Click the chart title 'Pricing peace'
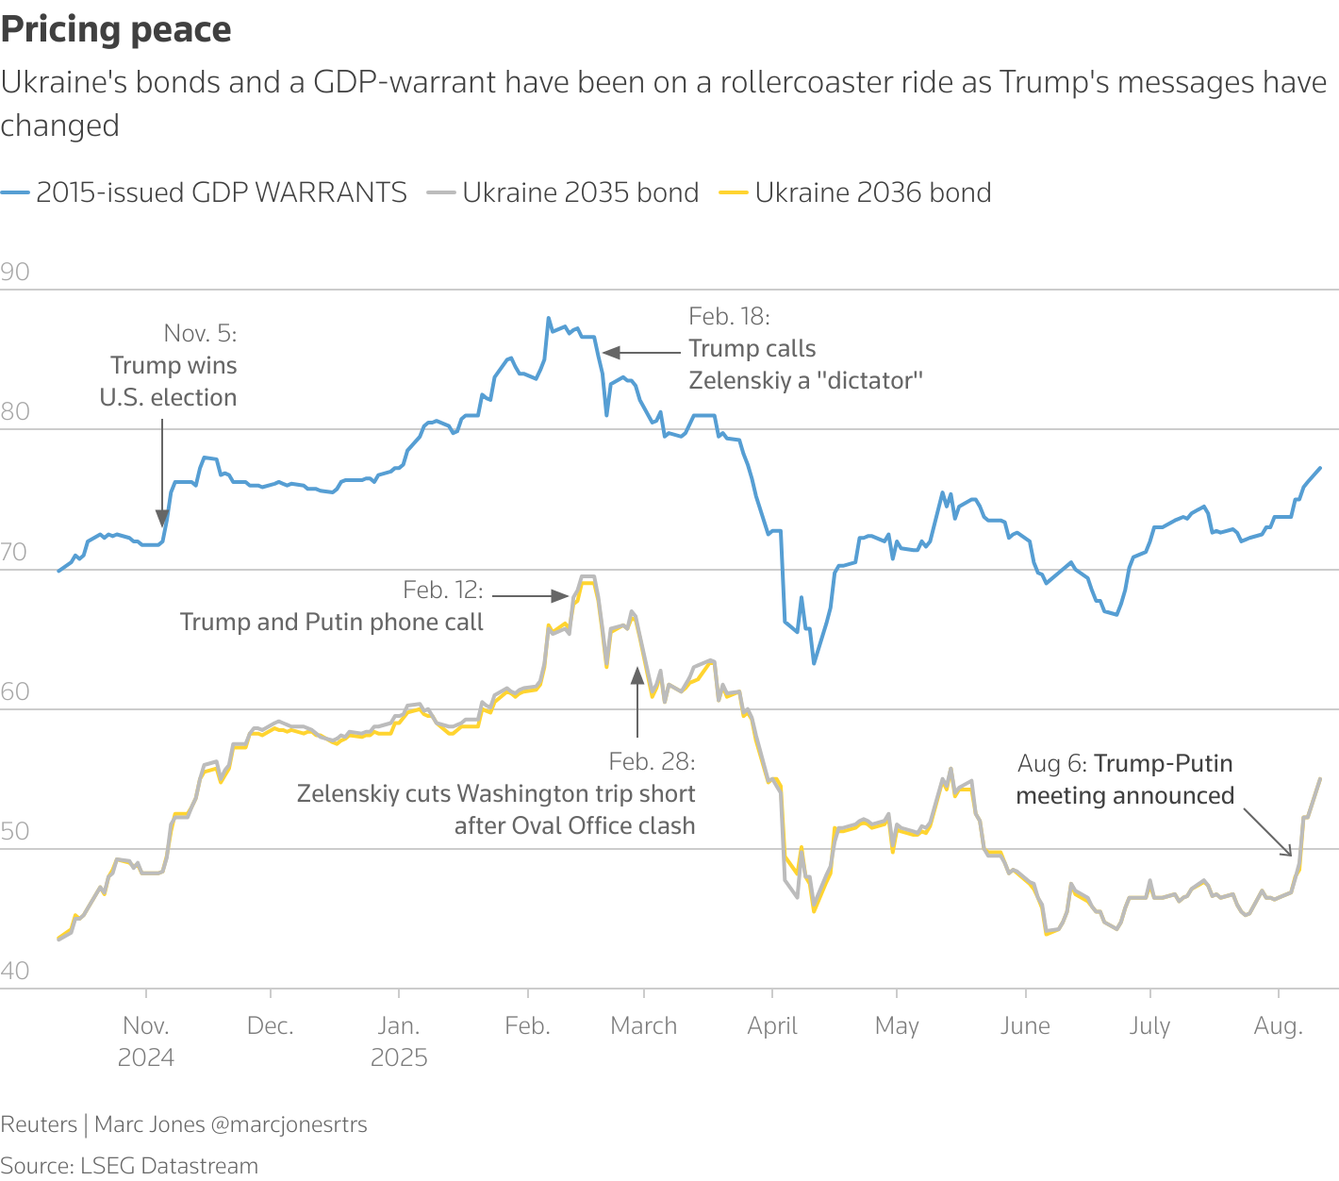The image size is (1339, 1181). click(x=116, y=30)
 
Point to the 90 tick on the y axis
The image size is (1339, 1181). click(x=15, y=273)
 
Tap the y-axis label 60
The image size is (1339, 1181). click(x=15, y=691)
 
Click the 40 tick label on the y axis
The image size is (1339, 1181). click(x=15, y=971)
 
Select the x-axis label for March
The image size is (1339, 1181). click(x=643, y=1026)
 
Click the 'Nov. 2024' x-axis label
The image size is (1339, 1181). click(x=146, y=1041)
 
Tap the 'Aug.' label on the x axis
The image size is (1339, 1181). click(x=1278, y=1026)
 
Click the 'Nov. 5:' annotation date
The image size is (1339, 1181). click(x=200, y=333)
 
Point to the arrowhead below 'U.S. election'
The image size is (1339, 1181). click(x=162, y=517)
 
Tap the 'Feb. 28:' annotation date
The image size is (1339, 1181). click(x=652, y=761)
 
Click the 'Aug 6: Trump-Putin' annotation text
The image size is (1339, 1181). click(x=1125, y=763)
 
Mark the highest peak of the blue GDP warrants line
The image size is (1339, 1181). click(x=549, y=319)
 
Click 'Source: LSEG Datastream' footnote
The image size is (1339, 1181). click(x=129, y=1166)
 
